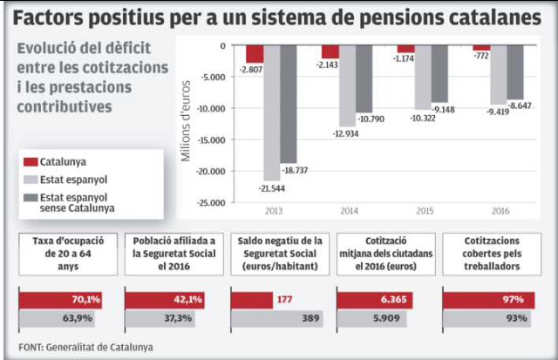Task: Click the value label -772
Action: coord(481,56)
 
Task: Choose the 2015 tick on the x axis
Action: coord(424,211)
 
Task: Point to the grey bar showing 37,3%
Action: coord(174,319)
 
